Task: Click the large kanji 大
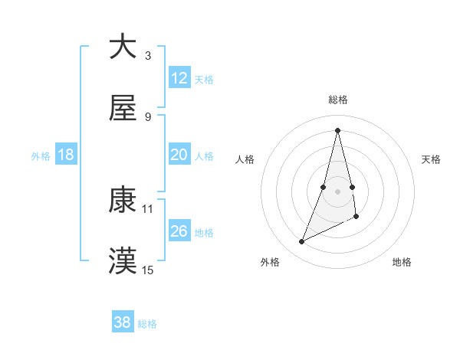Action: (123, 47)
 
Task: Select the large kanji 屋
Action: (123, 109)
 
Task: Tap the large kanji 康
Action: (123, 199)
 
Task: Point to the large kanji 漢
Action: (123, 261)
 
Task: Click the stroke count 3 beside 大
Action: (148, 55)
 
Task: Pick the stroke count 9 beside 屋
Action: (148, 116)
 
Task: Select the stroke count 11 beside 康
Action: (148, 208)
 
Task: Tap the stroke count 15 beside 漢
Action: (148, 270)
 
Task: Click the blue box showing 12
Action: (179, 77)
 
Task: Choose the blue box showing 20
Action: (179, 155)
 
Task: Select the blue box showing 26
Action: (179, 231)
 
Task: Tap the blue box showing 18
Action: (66, 155)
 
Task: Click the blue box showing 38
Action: (123, 322)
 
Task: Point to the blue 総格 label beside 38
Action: (147, 324)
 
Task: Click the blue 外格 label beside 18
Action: (41, 156)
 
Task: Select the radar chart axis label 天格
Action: (432, 159)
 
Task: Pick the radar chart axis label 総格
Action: (337, 100)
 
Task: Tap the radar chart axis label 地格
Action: (402, 262)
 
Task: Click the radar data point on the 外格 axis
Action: (302, 242)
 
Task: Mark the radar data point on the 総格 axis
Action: (337, 129)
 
